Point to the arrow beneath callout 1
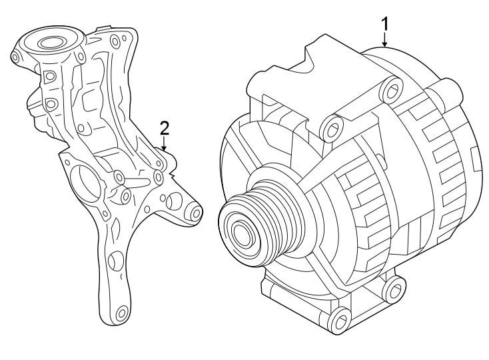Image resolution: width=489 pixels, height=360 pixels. click(384, 41)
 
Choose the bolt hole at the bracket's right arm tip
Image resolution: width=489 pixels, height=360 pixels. click(195, 213)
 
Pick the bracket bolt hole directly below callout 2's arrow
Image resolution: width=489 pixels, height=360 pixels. click(158, 177)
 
